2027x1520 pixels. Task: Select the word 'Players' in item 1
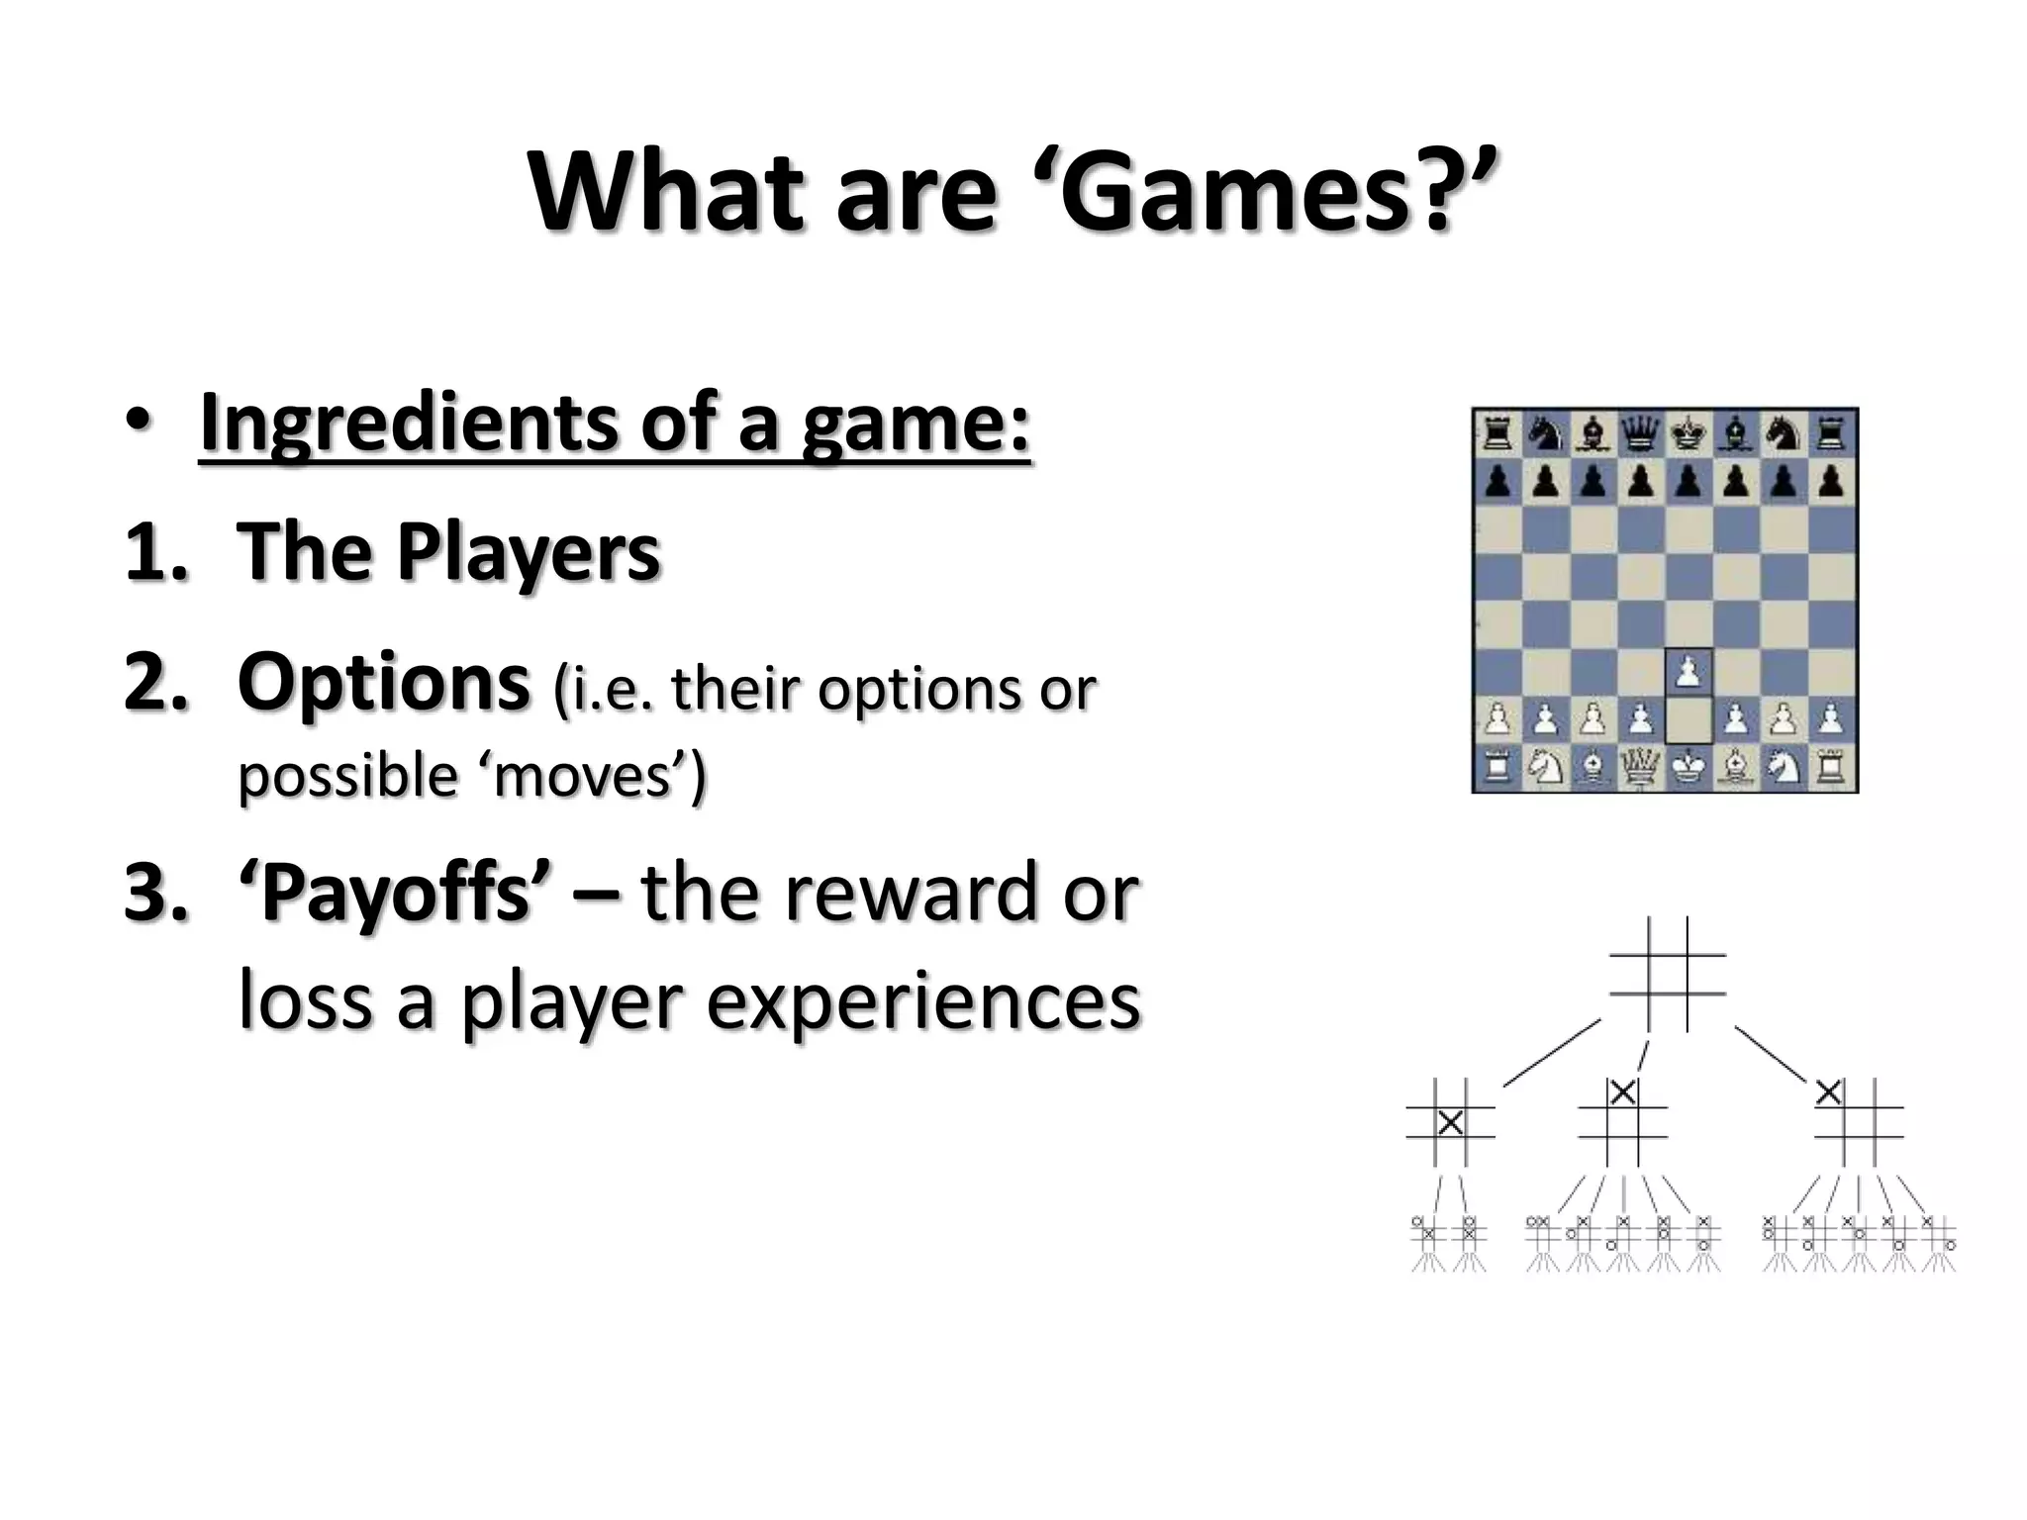[x=529, y=551]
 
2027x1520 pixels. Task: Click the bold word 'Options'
[x=383, y=683]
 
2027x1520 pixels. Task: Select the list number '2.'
[x=155, y=683]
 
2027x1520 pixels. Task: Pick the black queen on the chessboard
[x=1641, y=433]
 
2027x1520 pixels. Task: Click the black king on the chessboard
[x=1689, y=433]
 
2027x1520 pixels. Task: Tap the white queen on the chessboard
[x=1641, y=767]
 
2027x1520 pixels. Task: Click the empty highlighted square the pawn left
[x=1689, y=720]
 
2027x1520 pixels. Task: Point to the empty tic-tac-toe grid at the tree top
[x=1668, y=974]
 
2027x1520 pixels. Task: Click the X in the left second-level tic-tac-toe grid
[x=1450, y=1122]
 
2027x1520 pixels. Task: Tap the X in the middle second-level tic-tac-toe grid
[x=1622, y=1092]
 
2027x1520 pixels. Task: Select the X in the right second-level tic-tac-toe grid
[x=1829, y=1092]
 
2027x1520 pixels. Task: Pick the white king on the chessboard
[x=1689, y=767]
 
